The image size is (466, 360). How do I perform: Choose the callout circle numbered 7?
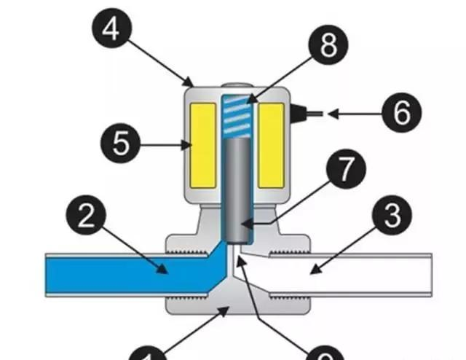[341, 171]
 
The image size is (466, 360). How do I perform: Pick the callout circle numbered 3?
[390, 216]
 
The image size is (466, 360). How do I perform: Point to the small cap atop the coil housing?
[236, 86]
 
